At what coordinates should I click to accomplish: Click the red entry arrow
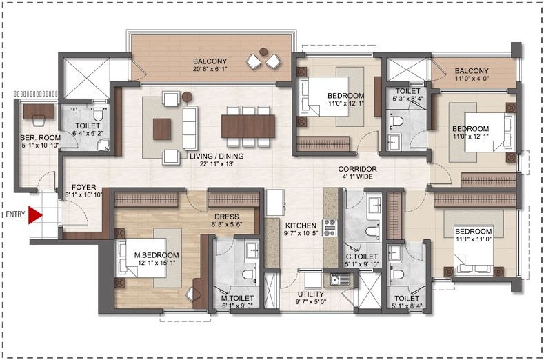point(35,215)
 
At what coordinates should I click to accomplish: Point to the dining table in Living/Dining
point(248,126)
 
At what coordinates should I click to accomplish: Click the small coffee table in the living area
point(162,127)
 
